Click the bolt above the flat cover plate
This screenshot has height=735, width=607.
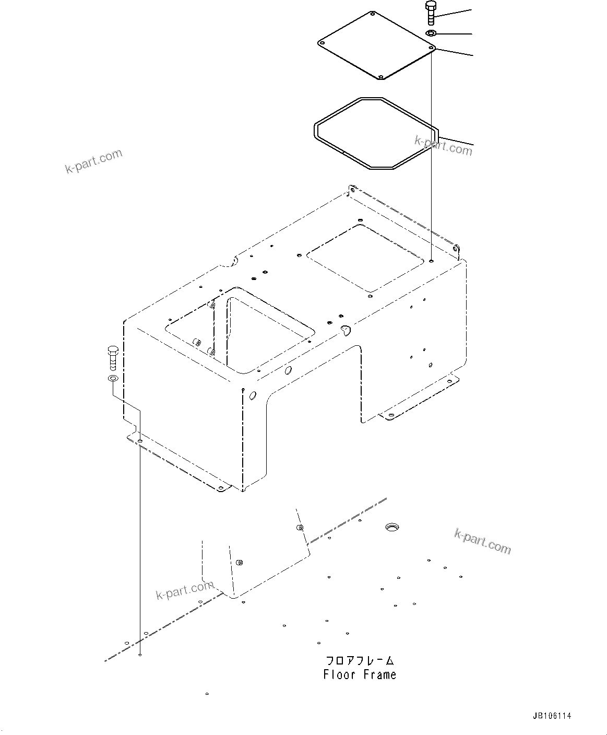click(x=430, y=13)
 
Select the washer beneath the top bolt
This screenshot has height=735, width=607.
click(x=431, y=34)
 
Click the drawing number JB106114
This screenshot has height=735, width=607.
click(x=552, y=716)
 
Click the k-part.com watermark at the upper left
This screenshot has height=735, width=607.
click(x=94, y=160)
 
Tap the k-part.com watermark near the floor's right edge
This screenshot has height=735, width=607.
click(x=482, y=540)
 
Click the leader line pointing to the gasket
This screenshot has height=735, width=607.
click(x=457, y=140)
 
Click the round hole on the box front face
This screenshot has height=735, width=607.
click(x=253, y=396)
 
